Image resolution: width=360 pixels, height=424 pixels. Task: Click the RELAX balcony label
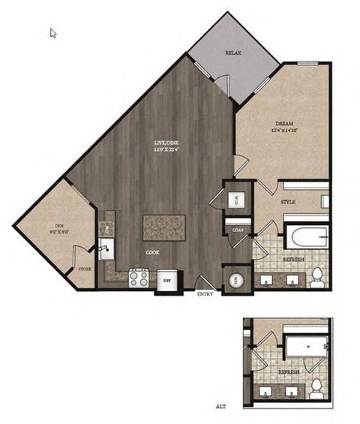[234, 53]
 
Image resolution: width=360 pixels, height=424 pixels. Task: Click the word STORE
[85, 268]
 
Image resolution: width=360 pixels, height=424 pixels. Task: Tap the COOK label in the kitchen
[152, 253]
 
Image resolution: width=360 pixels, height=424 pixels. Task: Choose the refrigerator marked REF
[168, 278]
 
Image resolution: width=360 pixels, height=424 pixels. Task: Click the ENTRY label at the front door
[205, 294]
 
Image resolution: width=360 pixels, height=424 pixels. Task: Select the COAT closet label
[237, 230]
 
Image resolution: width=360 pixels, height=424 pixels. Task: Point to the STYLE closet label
[287, 203]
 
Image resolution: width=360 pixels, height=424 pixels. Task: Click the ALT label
[220, 406]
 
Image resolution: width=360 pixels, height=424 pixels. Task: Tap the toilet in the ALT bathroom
[317, 386]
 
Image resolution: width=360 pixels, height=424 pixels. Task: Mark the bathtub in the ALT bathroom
[305, 348]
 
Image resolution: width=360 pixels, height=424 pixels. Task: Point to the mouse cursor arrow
[53, 33]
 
